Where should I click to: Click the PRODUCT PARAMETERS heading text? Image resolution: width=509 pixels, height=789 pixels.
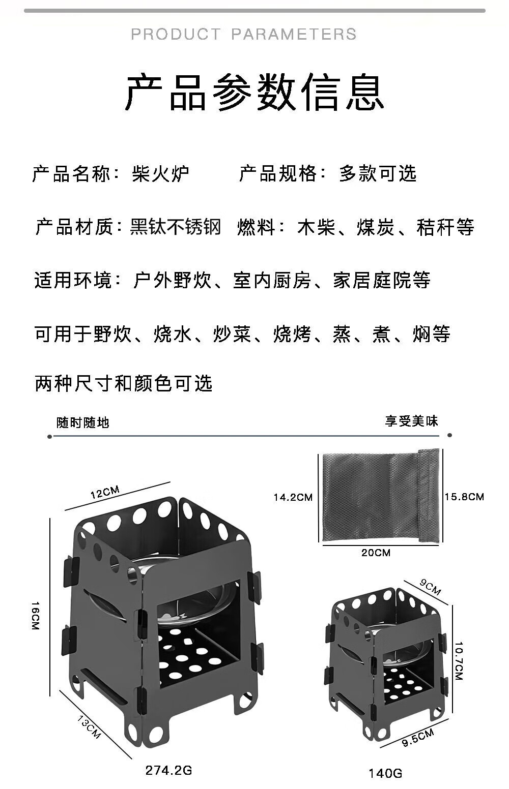pyautogui.click(x=244, y=34)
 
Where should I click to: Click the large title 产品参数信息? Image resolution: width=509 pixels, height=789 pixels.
pyautogui.click(x=254, y=92)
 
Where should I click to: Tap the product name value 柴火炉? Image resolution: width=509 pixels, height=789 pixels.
pyautogui.click(x=160, y=174)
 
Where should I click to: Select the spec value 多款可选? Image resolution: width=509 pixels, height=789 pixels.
pyautogui.click(x=378, y=174)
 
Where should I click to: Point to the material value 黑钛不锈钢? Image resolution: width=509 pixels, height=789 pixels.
pyautogui.click(x=176, y=227)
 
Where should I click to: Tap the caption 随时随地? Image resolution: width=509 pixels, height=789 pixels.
pyautogui.click(x=82, y=422)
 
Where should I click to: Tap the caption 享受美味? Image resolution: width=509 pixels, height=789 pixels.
pyautogui.click(x=411, y=421)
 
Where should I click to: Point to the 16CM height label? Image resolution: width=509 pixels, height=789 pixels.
pyautogui.click(x=35, y=616)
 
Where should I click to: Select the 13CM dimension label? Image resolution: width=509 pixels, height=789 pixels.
pyautogui.click(x=90, y=726)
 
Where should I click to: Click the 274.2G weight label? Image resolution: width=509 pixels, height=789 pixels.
pyautogui.click(x=169, y=770)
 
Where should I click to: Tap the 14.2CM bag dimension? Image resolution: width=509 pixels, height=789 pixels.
pyautogui.click(x=293, y=497)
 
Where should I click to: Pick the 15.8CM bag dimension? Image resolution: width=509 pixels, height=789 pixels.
pyautogui.click(x=464, y=497)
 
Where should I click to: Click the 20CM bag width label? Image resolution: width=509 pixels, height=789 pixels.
pyautogui.click(x=376, y=553)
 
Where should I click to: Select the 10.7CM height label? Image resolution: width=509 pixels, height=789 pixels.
pyautogui.click(x=459, y=660)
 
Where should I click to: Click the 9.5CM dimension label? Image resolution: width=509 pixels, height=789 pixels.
pyautogui.click(x=418, y=737)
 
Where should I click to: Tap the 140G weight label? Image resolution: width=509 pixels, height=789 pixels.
pyautogui.click(x=385, y=773)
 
